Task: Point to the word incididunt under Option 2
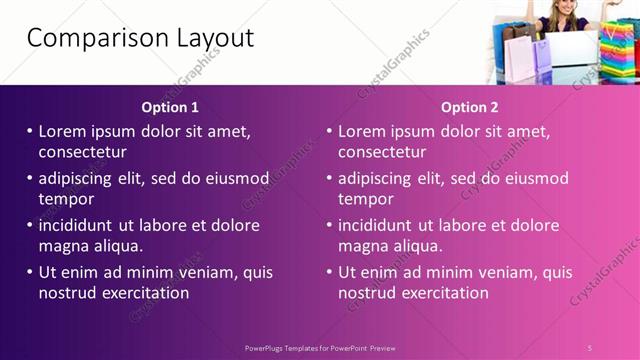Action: click(380, 225)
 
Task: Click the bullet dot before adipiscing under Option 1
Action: click(29, 179)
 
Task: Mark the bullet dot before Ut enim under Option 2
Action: click(329, 272)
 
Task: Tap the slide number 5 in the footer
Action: click(590, 347)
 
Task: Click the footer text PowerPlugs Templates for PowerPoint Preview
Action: click(320, 347)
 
